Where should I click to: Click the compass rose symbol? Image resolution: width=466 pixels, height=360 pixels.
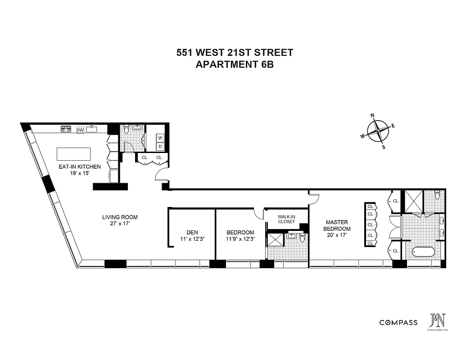pyautogui.click(x=378, y=131)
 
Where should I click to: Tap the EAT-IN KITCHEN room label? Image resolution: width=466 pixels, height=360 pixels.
pyautogui.click(x=80, y=166)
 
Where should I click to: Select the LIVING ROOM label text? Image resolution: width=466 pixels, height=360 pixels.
pyautogui.click(x=120, y=217)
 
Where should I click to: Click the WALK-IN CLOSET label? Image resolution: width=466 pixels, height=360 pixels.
pyautogui.click(x=286, y=219)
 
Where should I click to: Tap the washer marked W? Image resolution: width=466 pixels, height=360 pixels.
pyautogui.click(x=160, y=138)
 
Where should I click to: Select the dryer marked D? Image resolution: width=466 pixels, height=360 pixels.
pyautogui.click(x=160, y=146)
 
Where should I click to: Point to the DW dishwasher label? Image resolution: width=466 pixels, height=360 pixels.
pyautogui.click(x=81, y=130)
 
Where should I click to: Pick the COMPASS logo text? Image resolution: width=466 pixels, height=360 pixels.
pyautogui.click(x=398, y=323)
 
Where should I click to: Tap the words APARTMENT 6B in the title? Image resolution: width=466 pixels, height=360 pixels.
pyautogui.click(x=235, y=64)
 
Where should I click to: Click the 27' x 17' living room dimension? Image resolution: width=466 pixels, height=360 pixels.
pyautogui.click(x=120, y=224)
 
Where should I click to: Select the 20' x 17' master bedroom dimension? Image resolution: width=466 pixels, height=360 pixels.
pyautogui.click(x=337, y=235)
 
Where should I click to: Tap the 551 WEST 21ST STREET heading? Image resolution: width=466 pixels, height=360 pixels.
pyautogui.click(x=235, y=53)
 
